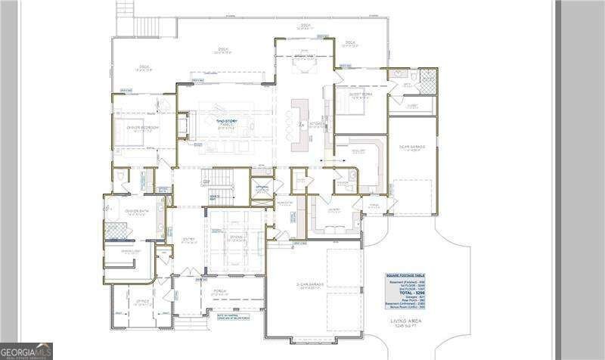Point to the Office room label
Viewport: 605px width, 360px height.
click(x=143, y=301)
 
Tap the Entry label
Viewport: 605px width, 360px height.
click(x=188, y=240)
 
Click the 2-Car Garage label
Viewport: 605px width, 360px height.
click(x=312, y=286)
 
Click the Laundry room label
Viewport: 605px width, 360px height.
click(x=334, y=211)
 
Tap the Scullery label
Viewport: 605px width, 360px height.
click(x=359, y=151)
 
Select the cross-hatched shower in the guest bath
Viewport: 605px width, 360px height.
click(x=428, y=78)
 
